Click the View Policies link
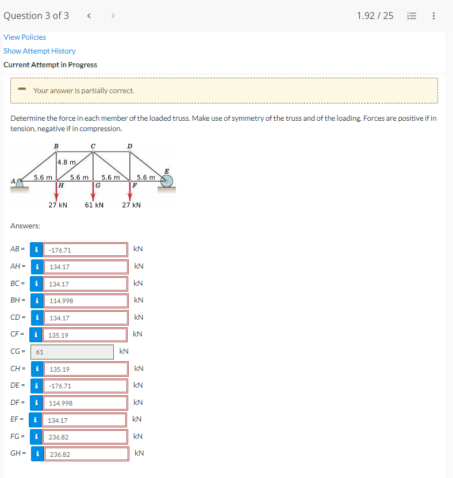pyautogui.click(x=25, y=37)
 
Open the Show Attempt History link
pyautogui.click(x=40, y=51)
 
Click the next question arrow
pyautogui.click(x=112, y=16)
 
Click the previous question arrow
pyautogui.click(x=89, y=16)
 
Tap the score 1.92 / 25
pyautogui.click(x=375, y=16)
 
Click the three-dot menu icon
pyautogui.click(x=433, y=16)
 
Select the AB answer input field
pyautogui.click(x=86, y=250)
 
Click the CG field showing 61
pyautogui.click(x=72, y=351)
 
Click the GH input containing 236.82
pyautogui.click(x=86, y=454)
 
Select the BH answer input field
pyautogui.click(x=86, y=301)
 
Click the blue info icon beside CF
pyautogui.click(x=37, y=335)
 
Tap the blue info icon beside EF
pyautogui.click(x=36, y=420)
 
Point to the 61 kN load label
pyautogui.click(x=94, y=205)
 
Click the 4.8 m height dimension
pyautogui.click(x=67, y=162)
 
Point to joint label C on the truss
pyautogui.click(x=93, y=146)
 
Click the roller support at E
pyautogui.click(x=167, y=180)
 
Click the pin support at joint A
pyautogui.click(x=21, y=182)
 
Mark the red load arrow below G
pyautogui.click(x=93, y=193)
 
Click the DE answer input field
pyautogui.click(x=86, y=386)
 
